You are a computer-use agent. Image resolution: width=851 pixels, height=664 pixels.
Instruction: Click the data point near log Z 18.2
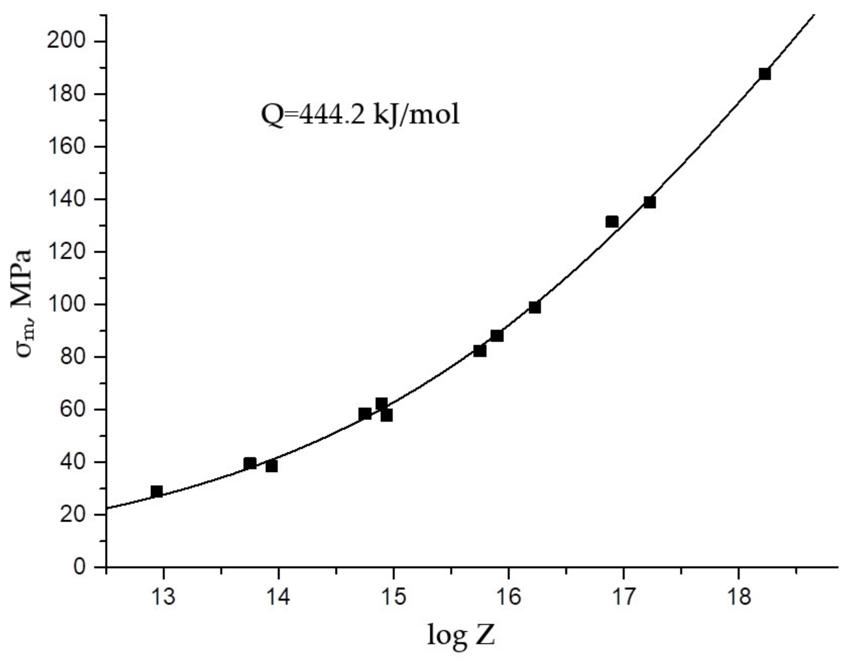(x=765, y=74)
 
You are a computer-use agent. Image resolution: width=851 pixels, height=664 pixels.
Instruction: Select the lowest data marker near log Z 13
(x=157, y=492)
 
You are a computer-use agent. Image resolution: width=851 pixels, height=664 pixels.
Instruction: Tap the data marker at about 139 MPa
(x=650, y=202)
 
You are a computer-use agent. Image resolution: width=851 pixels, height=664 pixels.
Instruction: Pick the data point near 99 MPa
(x=535, y=308)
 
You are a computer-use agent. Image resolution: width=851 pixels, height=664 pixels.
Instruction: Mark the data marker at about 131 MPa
(x=612, y=222)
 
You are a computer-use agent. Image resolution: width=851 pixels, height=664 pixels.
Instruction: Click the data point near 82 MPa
(x=480, y=351)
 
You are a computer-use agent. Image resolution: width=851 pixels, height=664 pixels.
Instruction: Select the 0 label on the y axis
(x=80, y=567)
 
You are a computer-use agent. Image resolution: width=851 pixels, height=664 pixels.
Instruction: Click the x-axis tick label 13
(x=164, y=597)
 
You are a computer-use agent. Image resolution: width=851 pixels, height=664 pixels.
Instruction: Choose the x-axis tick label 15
(x=393, y=597)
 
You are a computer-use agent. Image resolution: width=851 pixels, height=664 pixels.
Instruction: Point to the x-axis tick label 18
(x=739, y=597)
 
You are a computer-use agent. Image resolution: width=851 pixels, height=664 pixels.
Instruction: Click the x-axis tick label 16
(x=509, y=597)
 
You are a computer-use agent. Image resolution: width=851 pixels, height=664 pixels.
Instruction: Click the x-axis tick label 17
(x=623, y=597)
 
